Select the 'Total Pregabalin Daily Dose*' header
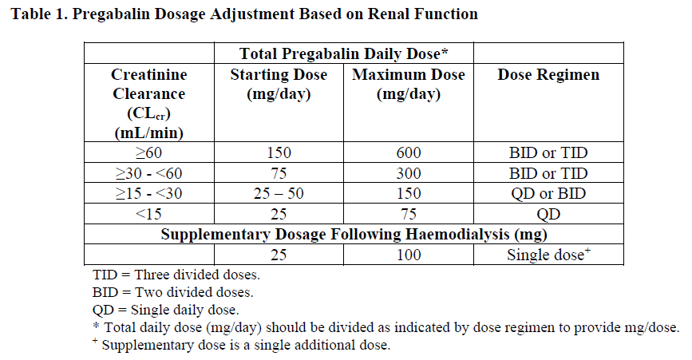point(343,54)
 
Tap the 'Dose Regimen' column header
point(548,75)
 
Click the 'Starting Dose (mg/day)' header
point(279,84)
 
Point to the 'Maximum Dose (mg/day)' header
point(408,84)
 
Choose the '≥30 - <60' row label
point(149,173)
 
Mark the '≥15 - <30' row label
point(149,194)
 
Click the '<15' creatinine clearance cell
point(149,214)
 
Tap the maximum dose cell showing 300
point(408,173)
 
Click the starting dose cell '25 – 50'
point(279,194)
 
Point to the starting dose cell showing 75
point(279,173)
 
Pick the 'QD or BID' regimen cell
point(548,194)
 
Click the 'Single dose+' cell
point(548,255)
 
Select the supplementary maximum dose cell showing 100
point(408,255)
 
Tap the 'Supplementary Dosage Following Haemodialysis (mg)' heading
point(354,235)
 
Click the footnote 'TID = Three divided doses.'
point(176,275)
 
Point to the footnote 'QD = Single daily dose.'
point(166,310)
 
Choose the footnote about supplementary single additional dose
point(241,346)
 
